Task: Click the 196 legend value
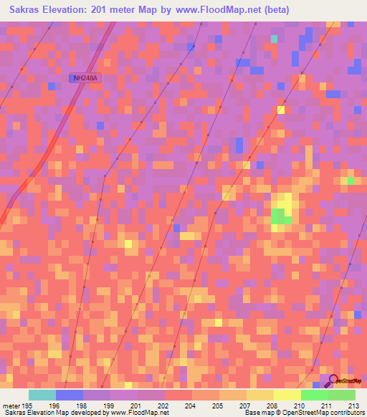(x=54, y=406)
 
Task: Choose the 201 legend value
(x=137, y=406)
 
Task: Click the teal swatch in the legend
(x=42, y=395)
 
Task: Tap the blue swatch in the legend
(x=69, y=395)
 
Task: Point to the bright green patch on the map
(x=281, y=216)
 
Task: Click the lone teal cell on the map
(x=274, y=38)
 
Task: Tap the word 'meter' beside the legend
(x=11, y=406)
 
